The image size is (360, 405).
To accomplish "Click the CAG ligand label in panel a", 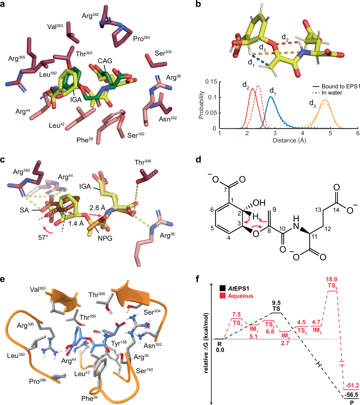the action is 105,61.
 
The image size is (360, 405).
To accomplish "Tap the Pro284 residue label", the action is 141,39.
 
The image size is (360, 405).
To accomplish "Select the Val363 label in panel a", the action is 55,27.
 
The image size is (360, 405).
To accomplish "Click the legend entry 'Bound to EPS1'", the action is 340,86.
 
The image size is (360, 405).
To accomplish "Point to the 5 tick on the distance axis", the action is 330,133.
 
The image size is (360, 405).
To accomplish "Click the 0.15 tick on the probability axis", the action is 211,82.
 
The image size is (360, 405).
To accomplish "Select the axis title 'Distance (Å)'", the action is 289,141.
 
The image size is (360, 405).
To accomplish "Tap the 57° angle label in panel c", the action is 43,237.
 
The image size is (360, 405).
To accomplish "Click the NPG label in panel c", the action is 105,238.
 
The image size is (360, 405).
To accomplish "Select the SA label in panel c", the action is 24,210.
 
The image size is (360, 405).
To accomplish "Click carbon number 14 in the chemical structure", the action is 336,210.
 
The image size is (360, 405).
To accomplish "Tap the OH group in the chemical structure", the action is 259,203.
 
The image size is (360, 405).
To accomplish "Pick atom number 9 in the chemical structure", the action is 274,209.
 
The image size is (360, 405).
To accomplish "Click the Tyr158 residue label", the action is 119,343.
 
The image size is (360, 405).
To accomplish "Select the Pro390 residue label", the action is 37,381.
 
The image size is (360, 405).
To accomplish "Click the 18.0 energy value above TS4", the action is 331,280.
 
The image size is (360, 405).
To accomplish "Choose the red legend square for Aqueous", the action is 222,296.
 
